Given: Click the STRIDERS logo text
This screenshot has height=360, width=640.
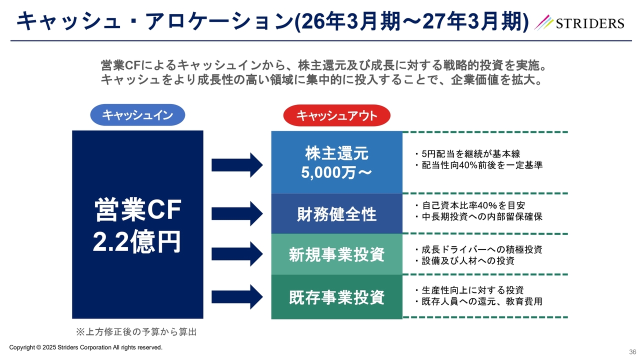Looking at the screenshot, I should tap(588, 23).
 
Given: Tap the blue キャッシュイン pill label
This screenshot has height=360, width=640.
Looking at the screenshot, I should tap(137, 115).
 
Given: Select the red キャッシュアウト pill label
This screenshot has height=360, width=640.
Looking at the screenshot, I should tap(336, 116).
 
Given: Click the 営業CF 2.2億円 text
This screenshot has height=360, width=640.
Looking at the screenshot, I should tap(137, 226).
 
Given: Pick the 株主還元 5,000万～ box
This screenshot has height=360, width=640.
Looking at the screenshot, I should tap(336, 162).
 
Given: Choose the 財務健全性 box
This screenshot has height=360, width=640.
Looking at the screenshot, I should tap(336, 214).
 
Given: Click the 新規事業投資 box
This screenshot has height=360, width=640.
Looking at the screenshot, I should tap(336, 254).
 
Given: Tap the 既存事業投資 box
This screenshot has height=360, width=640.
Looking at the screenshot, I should tap(336, 297).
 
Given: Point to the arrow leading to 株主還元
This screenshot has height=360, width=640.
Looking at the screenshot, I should tap(237, 164).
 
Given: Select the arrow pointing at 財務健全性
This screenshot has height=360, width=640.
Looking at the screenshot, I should tap(237, 213).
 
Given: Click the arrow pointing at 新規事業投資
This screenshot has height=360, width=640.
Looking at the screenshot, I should tap(237, 254).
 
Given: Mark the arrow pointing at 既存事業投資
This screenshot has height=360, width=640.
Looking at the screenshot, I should tap(237, 296).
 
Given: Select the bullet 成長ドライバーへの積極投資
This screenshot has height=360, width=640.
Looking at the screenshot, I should tap(481, 249).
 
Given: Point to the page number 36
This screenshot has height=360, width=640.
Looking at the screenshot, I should tap(632, 352).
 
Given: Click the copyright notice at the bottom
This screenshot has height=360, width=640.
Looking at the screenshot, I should tap(86, 347).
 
